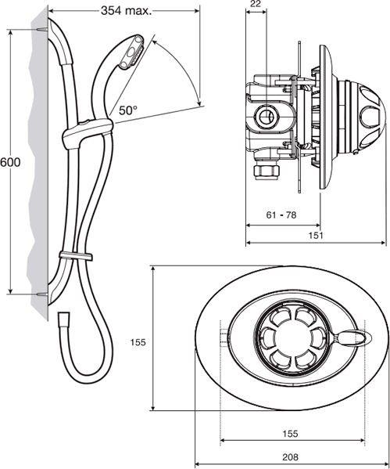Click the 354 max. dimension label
coord(127,11)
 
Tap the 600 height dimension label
coord(10,162)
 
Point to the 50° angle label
coord(128,110)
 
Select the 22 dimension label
coord(256,4)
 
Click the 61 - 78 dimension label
coord(281,215)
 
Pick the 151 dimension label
coord(316,235)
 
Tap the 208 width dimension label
coord(290,457)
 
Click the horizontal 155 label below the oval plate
coord(290,434)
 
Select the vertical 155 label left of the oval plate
coord(138,342)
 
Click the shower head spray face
coord(131,53)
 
